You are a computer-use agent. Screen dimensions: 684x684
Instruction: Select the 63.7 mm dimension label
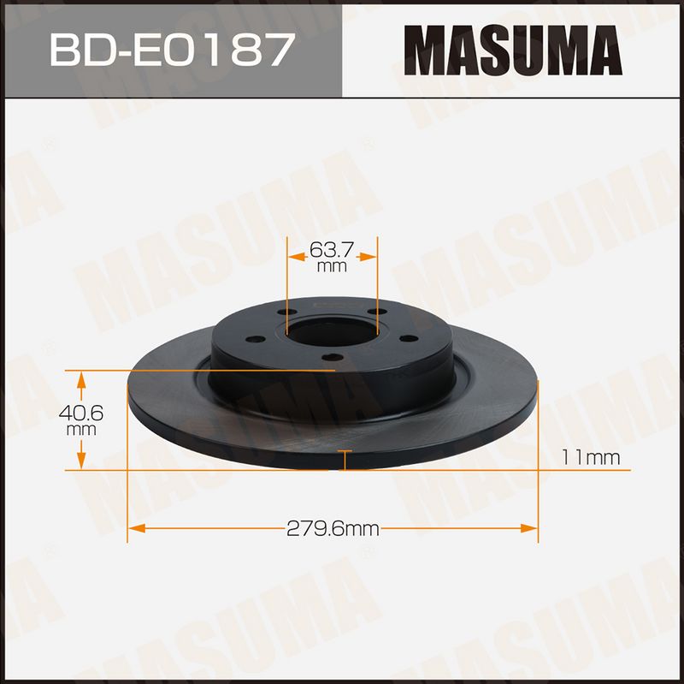tap(332, 257)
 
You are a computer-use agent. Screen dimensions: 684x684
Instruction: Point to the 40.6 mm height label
tap(81, 420)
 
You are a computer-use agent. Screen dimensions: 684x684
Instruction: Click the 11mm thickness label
tap(591, 458)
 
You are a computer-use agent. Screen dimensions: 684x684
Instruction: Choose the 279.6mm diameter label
tap(333, 529)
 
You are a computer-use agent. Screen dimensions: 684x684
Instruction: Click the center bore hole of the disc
tap(333, 332)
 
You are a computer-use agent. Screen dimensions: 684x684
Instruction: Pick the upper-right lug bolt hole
tap(377, 312)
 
